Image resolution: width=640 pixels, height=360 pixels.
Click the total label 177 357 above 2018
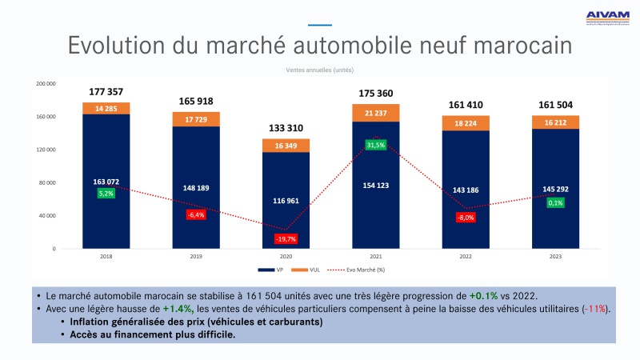pyautogui.click(x=106, y=91)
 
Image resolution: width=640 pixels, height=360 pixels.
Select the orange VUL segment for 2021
pyautogui.click(x=376, y=113)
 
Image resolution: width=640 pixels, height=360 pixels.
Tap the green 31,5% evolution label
pyautogui.click(x=376, y=145)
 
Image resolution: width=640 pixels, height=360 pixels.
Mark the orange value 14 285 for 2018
pyautogui.click(x=106, y=108)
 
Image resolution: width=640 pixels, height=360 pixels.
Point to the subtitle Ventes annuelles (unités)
pyautogui.click(x=320, y=70)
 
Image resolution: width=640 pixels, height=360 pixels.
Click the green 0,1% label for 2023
pyautogui.click(x=554, y=202)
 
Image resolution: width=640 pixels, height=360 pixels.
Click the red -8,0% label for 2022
pyautogui.click(x=465, y=217)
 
